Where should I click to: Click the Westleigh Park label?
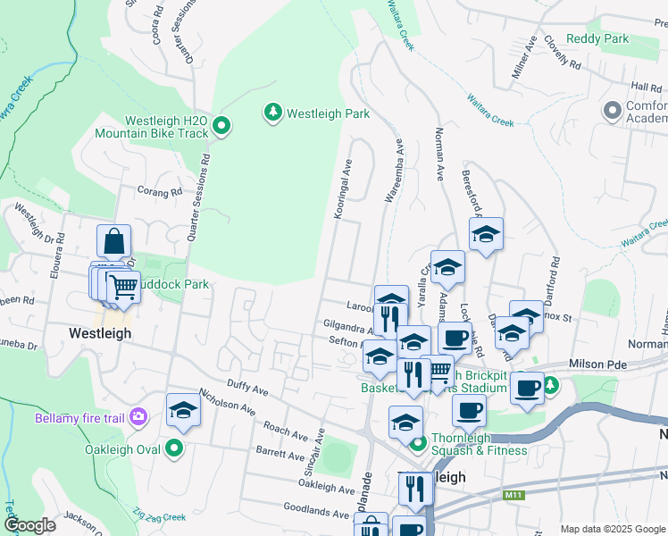(328, 113)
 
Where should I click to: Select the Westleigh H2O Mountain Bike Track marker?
(222, 127)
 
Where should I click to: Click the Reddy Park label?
(597, 38)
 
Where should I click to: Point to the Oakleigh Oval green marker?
(175, 448)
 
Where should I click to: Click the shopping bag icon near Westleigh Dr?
(114, 241)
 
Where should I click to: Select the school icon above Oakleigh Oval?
(183, 410)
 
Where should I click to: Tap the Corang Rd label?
(160, 191)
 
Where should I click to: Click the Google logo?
(29, 524)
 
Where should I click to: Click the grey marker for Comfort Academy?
(613, 112)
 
